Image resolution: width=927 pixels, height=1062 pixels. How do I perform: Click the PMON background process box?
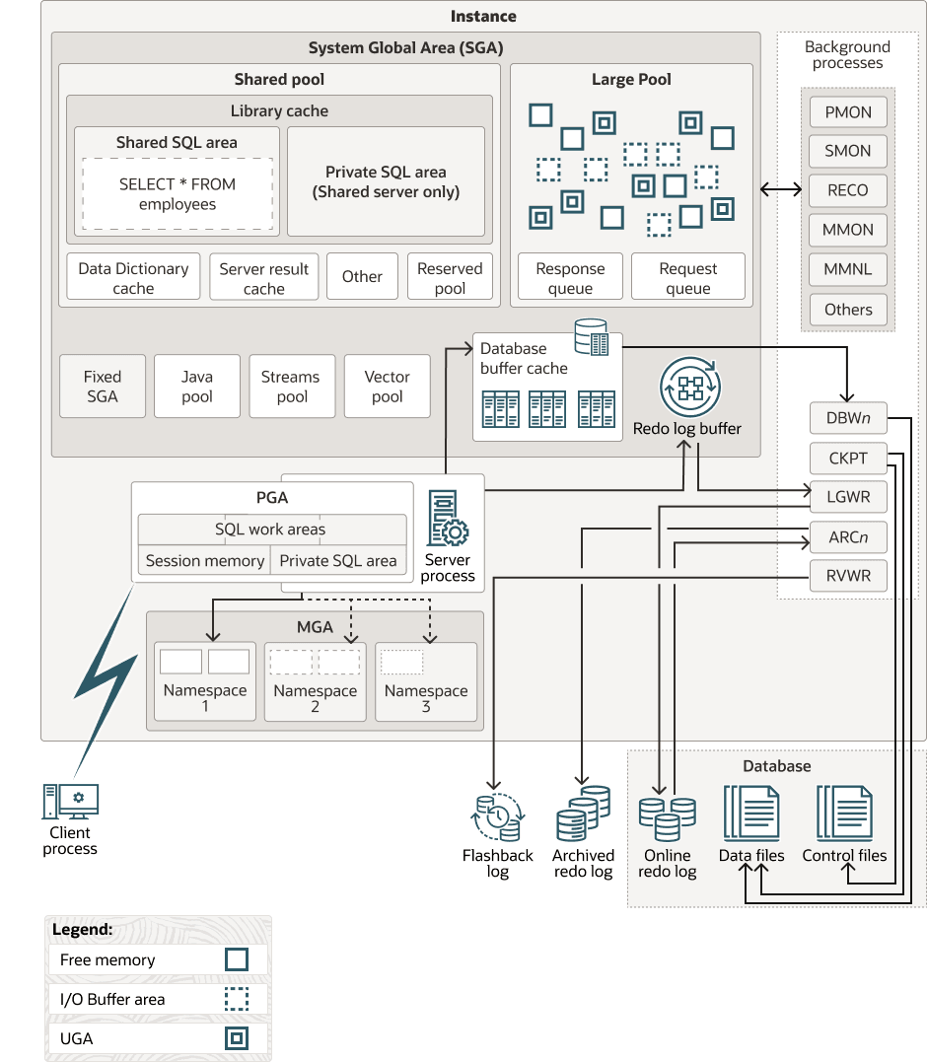click(848, 112)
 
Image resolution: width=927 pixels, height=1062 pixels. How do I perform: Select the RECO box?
click(848, 190)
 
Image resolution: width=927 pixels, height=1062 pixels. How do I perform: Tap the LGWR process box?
click(848, 497)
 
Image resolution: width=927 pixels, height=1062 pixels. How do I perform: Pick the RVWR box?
click(848, 576)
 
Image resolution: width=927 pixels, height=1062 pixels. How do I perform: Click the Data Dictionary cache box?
click(133, 277)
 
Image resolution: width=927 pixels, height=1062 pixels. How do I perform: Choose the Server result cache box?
click(264, 277)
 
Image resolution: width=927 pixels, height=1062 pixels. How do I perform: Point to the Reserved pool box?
click(450, 277)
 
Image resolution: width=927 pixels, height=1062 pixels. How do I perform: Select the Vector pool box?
click(388, 386)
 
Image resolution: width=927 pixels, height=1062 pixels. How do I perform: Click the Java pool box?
click(197, 386)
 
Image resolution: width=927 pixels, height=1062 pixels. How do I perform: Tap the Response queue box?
click(570, 277)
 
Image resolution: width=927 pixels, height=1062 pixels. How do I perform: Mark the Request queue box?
click(688, 277)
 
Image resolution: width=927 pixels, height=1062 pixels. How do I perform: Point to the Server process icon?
click(447, 519)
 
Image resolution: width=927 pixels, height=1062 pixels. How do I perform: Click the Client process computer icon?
click(70, 801)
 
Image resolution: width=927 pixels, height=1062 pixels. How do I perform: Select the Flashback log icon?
click(498, 815)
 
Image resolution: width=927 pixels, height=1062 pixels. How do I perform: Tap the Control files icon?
click(844, 813)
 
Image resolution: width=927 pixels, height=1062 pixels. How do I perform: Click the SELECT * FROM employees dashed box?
click(178, 194)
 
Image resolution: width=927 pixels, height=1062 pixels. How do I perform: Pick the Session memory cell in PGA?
click(205, 560)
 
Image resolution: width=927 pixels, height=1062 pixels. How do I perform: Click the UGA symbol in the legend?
click(236, 1038)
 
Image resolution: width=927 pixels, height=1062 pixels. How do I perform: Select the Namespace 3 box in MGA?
click(426, 681)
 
